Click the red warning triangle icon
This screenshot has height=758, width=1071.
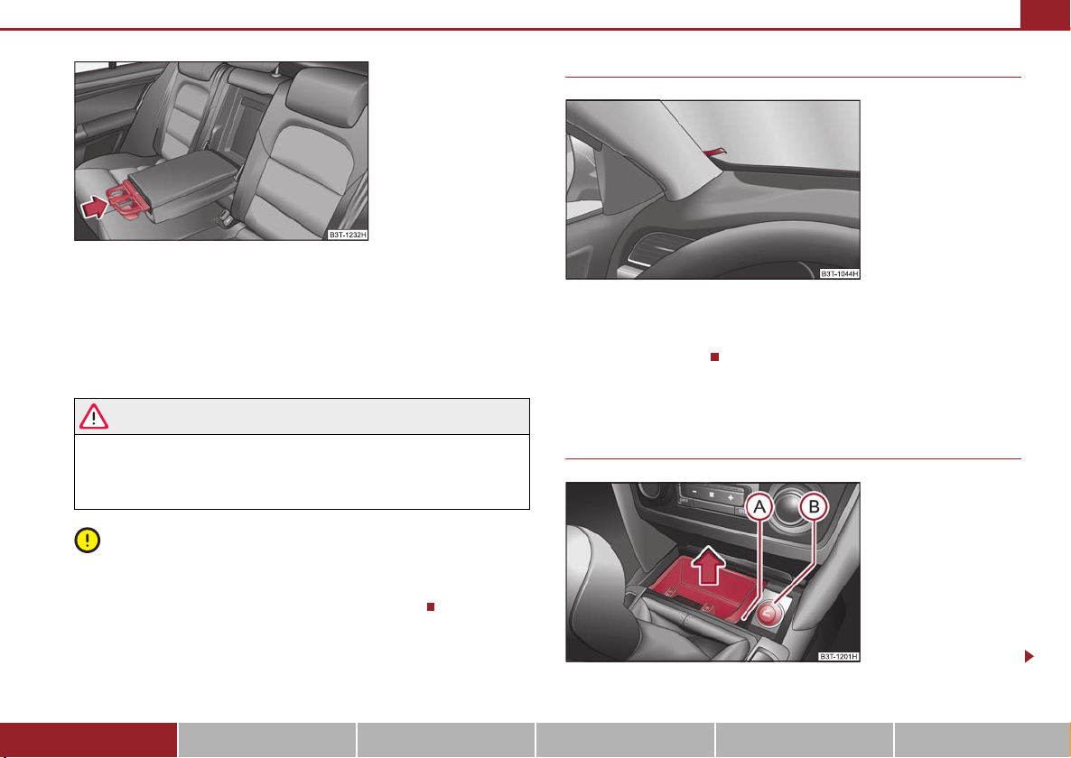click(x=94, y=416)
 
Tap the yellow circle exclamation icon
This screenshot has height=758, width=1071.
click(x=88, y=540)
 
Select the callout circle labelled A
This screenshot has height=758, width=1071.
click(x=759, y=508)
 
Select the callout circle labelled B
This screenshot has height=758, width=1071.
click(x=814, y=508)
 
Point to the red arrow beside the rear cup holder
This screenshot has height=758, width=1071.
click(x=95, y=206)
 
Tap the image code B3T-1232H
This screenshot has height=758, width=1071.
click(x=348, y=235)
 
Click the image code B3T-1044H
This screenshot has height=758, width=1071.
click(x=840, y=273)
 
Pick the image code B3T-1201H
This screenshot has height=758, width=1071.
click(x=840, y=656)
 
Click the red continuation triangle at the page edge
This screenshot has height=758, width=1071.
click(x=1029, y=656)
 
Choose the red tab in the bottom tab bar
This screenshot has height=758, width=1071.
click(x=88, y=740)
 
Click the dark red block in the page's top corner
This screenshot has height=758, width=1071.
click(x=1046, y=14)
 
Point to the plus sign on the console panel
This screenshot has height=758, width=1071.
click(x=731, y=498)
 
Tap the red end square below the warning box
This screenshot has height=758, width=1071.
click(x=431, y=606)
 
